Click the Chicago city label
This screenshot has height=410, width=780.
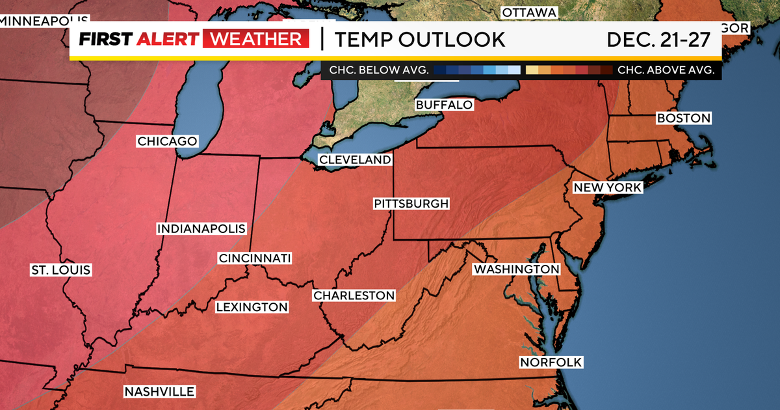click(167, 141)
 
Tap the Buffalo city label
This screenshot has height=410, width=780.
click(444, 105)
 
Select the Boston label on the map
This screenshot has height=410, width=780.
click(684, 118)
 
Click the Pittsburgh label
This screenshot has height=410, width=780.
click(411, 204)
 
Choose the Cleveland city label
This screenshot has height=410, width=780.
click(355, 159)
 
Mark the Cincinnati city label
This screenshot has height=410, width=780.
click(255, 258)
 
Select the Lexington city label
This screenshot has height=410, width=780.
click(252, 307)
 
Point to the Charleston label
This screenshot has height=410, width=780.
click(354, 295)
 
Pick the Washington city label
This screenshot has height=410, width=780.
click(516, 269)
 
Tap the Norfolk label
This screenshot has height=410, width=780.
click(542, 362)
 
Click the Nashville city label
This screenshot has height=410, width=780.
click(159, 391)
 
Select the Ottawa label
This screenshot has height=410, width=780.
click(530, 12)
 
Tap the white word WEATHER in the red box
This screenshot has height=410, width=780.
click(255, 40)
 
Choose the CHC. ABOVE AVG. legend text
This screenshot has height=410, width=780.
click(666, 70)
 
